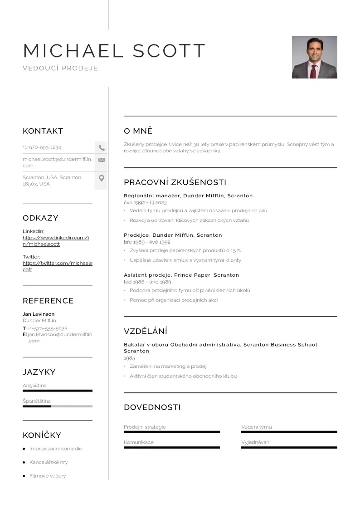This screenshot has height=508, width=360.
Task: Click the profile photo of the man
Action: click(314, 57)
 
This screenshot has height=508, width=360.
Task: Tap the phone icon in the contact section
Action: click(102, 147)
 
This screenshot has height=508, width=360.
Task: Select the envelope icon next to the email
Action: click(102, 160)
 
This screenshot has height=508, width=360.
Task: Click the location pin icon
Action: click(102, 178)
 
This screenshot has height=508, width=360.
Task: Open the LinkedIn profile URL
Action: click(55, 241)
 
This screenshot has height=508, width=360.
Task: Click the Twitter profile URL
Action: click(57, 266)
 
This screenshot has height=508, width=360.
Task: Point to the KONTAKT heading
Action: click(43, 131)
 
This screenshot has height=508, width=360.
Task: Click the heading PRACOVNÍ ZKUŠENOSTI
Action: click(175, 182)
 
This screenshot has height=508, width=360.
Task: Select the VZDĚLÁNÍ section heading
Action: click(146, 331)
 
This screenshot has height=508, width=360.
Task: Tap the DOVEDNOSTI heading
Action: click(152, 407)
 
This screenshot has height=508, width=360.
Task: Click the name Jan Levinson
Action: click(39, 314)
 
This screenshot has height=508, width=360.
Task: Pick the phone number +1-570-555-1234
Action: click(42, 147)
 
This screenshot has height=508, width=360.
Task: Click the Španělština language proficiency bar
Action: click(57, 406)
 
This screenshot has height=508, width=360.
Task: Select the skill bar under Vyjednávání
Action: click(289, 448)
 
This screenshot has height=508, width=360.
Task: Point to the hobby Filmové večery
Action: click(48, 476)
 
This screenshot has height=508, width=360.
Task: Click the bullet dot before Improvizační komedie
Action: click(24, 449)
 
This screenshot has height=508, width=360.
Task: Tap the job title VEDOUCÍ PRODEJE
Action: click(60, 68)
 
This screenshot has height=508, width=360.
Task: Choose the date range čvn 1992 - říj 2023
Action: click(145, 203)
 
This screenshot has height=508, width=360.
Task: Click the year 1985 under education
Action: click(129, 358)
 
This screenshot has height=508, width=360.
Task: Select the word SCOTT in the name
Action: click(170, 51)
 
